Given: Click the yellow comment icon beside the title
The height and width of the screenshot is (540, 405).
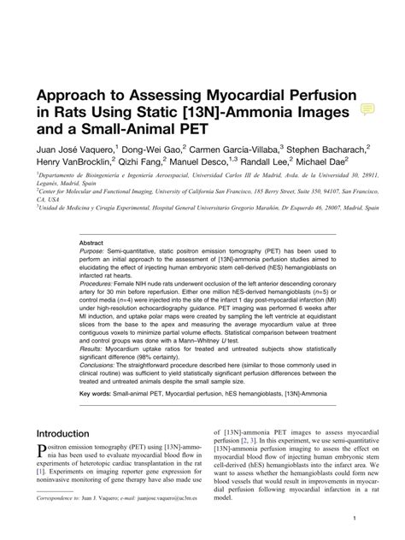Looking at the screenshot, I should coord(368,109).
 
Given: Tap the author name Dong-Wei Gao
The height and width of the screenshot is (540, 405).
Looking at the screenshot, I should coord(162,149).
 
